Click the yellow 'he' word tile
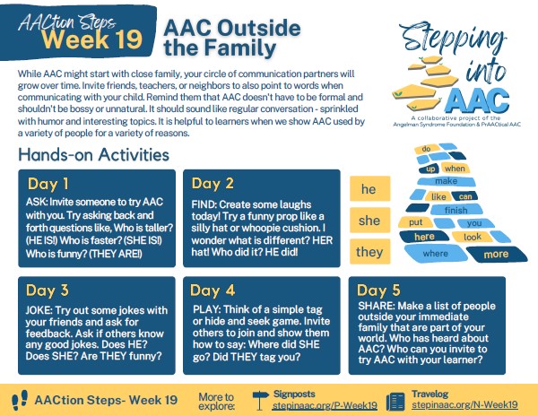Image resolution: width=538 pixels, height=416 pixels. pyautogui.click(x=369, y=188)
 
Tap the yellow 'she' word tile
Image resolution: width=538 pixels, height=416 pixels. pyautogui.click(x=369, y=221)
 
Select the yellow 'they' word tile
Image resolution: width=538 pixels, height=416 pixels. pyautogui.click(x=369, y=252)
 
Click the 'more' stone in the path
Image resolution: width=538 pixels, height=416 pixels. pyautogui.click(x=496, y=255)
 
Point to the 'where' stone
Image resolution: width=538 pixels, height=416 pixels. pyautogui.click(x=436, y=254)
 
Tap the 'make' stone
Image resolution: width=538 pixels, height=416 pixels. pyautogui.click(x=447, y=181)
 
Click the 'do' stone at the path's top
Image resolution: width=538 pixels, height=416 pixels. pyautogui.click(x=427, y=149)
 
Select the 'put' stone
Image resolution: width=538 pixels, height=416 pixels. pyautogui.click(x=415, y=222)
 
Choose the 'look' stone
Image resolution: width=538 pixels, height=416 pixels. pyautogui.click(x=473, y=237)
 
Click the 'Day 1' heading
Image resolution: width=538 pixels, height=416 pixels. pyautogui.click(x=48, y=184)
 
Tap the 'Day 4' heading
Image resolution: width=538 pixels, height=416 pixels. pyautogui.click(x=213, y=290)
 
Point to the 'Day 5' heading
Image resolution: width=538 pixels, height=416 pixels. pyautogui.click(x=378, y=290)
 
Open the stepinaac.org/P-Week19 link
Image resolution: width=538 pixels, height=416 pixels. pyautogui.click(x=325, y=405)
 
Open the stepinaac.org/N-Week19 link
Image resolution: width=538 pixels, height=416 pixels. pyautogui.click(x=464, y=404)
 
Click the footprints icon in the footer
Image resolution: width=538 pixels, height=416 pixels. pyautogui.click(x=20, y=400)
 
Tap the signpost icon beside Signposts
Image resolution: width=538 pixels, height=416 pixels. pyautogui.click(x=260, y=400)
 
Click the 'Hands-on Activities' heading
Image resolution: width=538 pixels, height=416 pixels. pyautogui.click(x=93, y=155)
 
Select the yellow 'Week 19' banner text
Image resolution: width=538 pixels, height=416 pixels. pyautogui.click(x=92, y=39)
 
